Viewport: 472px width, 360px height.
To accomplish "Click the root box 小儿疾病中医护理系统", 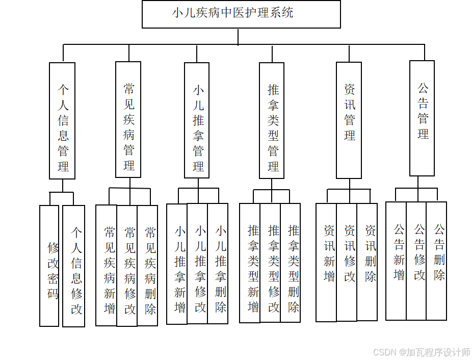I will coord(241,14).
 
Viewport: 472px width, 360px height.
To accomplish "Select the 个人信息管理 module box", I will coord(62,121).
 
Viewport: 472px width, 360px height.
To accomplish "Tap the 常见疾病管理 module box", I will coord(128,120).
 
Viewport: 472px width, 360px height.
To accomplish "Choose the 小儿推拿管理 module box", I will coord(197,121).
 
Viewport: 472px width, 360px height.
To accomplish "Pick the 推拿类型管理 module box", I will coord(272,121).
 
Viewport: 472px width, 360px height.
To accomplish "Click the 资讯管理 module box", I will coord(349,120).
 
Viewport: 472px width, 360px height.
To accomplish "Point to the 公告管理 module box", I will coord(422,118).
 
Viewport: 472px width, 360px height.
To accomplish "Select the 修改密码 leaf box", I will coord(49,266).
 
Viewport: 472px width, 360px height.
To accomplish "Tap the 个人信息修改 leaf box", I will coord(74,266).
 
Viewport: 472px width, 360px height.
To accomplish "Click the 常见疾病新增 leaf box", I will coord(107,265).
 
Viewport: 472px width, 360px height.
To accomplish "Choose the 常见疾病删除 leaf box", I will coord(148,265).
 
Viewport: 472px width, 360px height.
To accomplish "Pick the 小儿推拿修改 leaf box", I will coord(197,264).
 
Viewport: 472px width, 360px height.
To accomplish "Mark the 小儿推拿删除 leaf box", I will coord(218,264).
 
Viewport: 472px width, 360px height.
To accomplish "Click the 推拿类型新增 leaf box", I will coord(250,263).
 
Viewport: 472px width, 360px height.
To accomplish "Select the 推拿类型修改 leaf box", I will coord(270,263).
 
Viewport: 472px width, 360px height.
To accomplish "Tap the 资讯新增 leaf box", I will coord(326,262).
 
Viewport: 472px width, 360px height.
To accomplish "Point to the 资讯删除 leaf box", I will coord(367,262).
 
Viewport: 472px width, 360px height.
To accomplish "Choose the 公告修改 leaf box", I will coord(416,261).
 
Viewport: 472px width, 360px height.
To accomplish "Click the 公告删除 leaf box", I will coord(436,261).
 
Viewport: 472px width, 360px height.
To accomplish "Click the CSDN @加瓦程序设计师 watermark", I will coord(422,352).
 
